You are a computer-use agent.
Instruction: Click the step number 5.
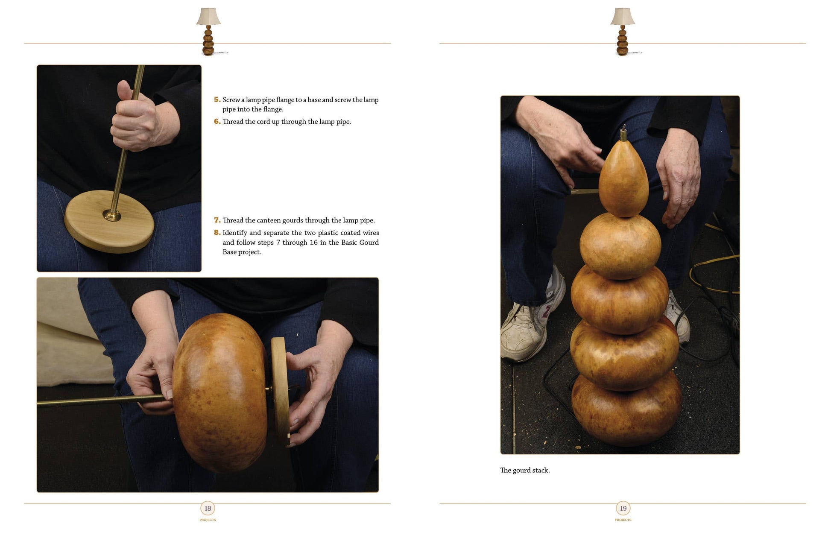[x=217, y=99]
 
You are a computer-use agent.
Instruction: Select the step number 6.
[x=217, y=121]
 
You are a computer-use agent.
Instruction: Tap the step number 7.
[x=217, y=220]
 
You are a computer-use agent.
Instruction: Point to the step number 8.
[x=217, y=233]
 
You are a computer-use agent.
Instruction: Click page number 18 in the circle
[x=208, y=508]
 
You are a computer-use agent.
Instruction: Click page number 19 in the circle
[x=623, y=508]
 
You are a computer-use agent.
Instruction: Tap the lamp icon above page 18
[x=209, y=32]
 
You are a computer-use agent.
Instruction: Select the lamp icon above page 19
[x=623, y=32]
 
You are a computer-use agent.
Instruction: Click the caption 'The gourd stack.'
[x=525, y=470]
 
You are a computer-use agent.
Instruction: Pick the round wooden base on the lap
[x=109, y=221]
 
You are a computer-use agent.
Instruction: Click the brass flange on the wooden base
[x=112, y=215]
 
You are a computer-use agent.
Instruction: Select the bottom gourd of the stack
[x=626, y=410]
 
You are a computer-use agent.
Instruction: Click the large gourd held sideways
[x=220, y=393]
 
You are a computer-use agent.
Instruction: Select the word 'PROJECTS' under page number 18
[x=208, y=520]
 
